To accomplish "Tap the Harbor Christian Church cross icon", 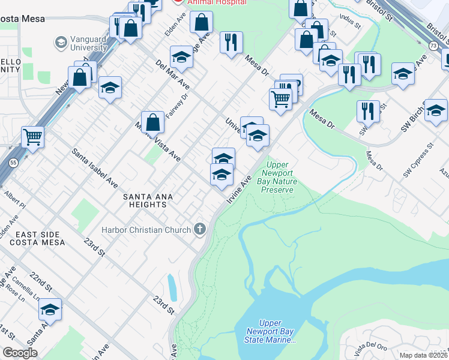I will coord(199,229).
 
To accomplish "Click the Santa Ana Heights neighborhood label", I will coord(145,200).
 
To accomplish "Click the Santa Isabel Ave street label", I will coord(95,166).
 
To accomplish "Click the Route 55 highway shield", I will coord(13,163).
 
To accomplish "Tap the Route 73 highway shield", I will coord(433,46).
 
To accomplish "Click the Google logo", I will coord(20,353).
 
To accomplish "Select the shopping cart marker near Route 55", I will coord(32,137).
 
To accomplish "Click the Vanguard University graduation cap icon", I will coord(61,43).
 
